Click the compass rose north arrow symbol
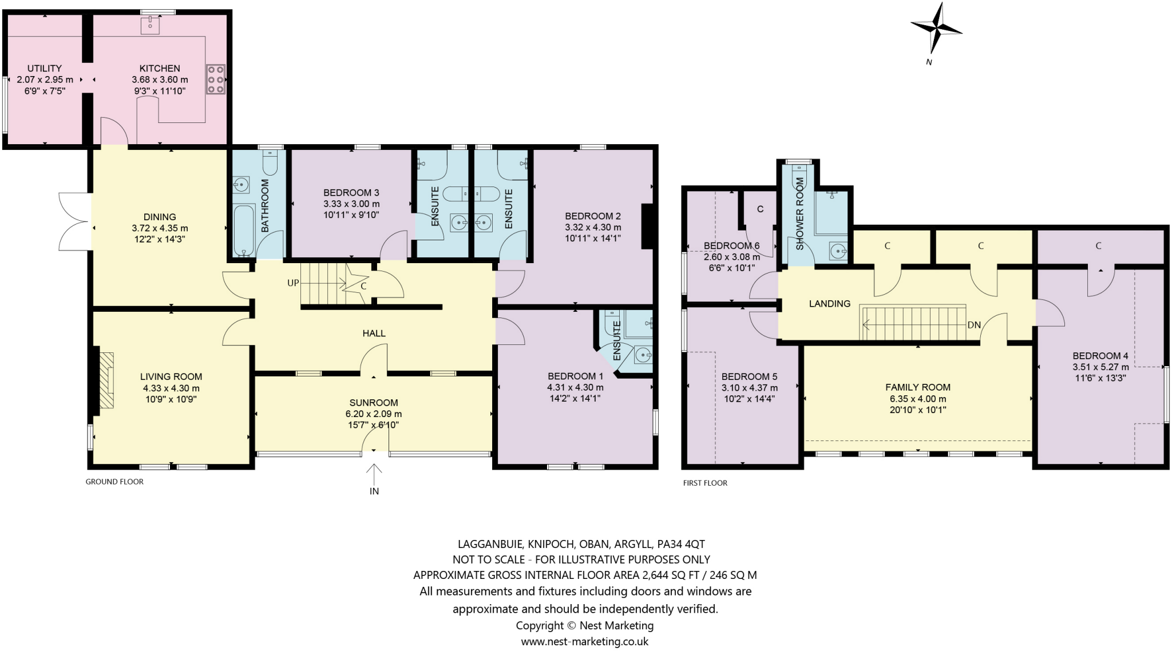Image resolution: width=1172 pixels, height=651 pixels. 936,29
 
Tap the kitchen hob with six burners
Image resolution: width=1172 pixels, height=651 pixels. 216,79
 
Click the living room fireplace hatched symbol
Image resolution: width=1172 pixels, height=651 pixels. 106,380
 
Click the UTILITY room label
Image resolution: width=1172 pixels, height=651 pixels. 45,69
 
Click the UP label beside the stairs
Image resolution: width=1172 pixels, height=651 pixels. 293,283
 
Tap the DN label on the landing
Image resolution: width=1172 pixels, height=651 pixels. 974,325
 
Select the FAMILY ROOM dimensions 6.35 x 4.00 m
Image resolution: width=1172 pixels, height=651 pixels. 917,399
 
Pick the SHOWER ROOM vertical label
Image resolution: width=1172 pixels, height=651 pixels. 800,213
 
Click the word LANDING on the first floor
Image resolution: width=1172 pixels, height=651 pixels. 829,304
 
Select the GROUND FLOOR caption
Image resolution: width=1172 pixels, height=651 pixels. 114,482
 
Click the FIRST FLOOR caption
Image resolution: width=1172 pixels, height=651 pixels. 705,483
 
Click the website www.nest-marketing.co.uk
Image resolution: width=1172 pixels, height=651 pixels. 584,641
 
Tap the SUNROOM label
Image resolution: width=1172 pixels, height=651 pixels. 374,403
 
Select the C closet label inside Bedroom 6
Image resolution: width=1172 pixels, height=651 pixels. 760,209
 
